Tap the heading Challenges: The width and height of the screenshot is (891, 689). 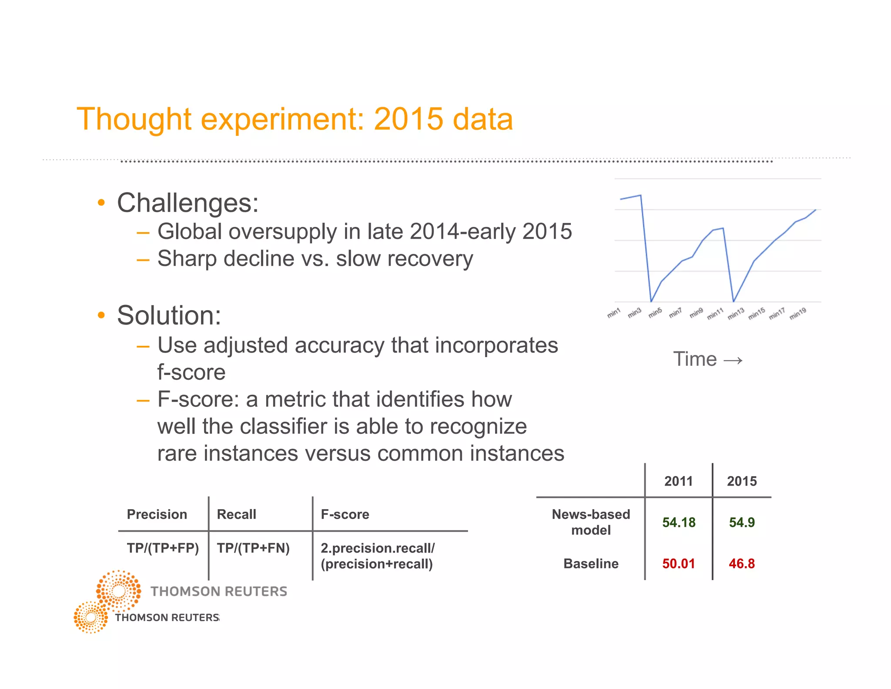click(x=188, y=203)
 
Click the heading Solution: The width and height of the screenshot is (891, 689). click(x=169, y=315)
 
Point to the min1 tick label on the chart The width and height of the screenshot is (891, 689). click(x=614, y=313)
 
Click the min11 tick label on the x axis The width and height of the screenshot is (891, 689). click(x=715, y=314)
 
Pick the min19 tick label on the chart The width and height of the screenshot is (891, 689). click(x=798, y=313)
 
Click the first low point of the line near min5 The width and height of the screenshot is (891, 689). click(x=651, y=301)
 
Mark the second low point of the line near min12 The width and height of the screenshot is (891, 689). click(x=734, y=301)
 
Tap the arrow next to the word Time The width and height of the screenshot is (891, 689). click(x=733, y=360)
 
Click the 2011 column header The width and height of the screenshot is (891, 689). click(x=678, y=481)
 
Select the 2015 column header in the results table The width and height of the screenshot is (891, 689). click(x=742, y=481)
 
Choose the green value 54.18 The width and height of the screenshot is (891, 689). click(x=679, y=522)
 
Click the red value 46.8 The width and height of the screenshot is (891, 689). click(x=742, y=564)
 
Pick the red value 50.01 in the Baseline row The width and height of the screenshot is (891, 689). click(x=679, y=564)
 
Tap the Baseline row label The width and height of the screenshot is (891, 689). click(x=591, y=564)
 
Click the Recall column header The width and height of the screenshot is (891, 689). click(x=236, y=514)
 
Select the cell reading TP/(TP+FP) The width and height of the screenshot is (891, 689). click(x=163, y=548)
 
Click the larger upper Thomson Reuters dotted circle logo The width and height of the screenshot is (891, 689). click(x=118, y=591)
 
